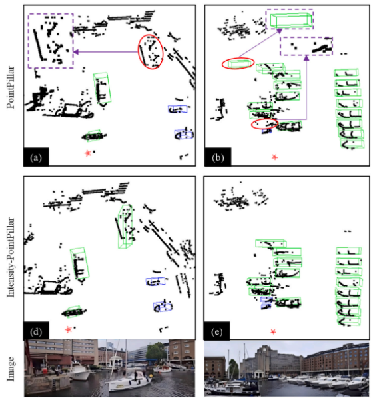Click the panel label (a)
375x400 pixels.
36,158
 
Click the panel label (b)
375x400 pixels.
217,158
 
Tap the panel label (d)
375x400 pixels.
36,332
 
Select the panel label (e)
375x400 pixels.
216,332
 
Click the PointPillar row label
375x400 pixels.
11,87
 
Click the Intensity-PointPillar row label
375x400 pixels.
11,257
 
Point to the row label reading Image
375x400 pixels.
11,369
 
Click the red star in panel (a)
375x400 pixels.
88,153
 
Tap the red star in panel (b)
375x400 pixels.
274,157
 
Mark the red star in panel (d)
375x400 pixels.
69,329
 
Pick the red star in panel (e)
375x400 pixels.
274,331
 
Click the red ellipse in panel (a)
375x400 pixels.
138,51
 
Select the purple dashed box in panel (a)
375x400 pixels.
28,41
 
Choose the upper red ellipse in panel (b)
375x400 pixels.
222,63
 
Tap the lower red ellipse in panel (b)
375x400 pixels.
252,124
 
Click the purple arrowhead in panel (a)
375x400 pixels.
76,52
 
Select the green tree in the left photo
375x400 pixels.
155,352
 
